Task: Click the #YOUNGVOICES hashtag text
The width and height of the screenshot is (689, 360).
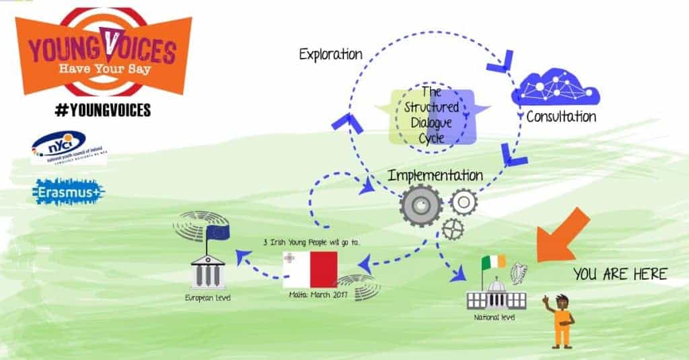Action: tap(102, 110)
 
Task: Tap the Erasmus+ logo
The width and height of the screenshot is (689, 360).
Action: tap(69, 192)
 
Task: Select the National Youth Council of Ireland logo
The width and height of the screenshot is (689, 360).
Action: tap(69, 147)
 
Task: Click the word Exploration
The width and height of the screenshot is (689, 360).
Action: tap(330, 54)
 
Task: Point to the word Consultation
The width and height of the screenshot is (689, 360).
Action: tap(561, 116)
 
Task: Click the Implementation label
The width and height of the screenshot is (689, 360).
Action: tap(435, 175)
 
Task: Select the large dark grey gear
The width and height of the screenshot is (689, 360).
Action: tap(421, 205)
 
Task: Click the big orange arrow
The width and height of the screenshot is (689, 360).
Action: tap(563, 236)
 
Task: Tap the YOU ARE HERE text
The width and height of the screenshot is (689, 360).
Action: tap(620, 274)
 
